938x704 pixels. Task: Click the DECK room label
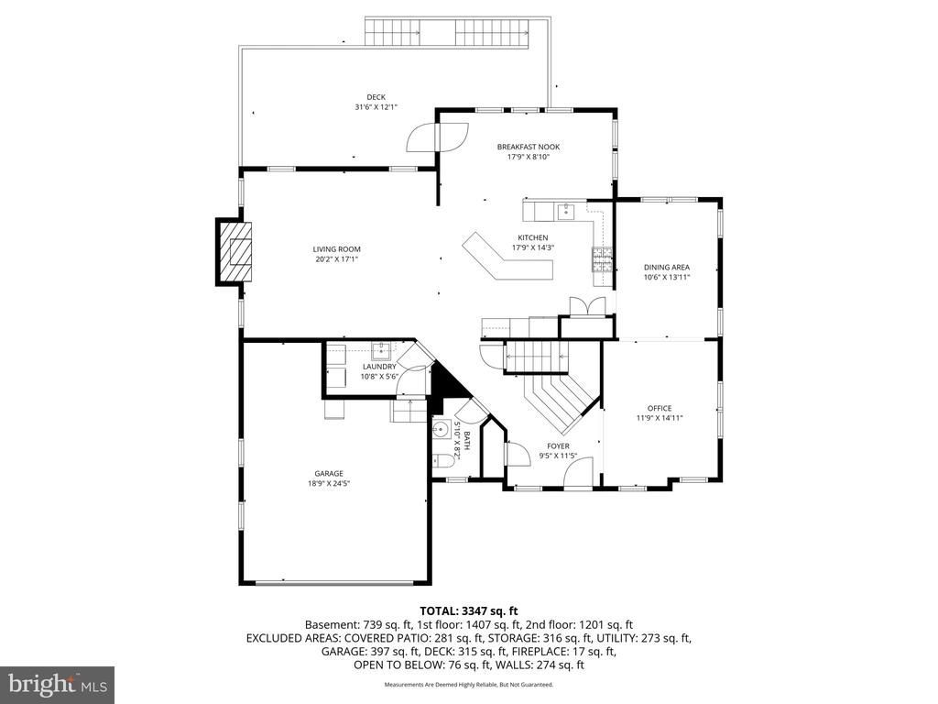[x=376, y=97]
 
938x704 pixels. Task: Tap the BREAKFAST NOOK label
[x=529, y=147]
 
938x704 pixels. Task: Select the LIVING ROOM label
[x=337, y=249]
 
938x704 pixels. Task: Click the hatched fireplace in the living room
[x=234, y=252]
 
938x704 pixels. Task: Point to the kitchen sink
[x=565, y=212]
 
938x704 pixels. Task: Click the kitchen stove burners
[x=603, y=259]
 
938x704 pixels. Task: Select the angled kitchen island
[x=507, y=258]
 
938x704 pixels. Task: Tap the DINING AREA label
[x=667, y=268]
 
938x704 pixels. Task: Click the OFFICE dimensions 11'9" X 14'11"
[x=660, y=418]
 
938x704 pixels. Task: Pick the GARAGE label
[x=329, y=474]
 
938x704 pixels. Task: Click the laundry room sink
[x=380, y=348]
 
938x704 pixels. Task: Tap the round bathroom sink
[x=442, y=429]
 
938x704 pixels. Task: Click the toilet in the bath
[x=442, y=462]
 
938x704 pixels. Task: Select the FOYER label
[x=558, y=446]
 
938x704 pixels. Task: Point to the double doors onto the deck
[x=438, y=137]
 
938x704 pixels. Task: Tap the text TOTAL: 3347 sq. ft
[x=468, y=611]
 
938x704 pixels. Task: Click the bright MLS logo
[x=58, y=684]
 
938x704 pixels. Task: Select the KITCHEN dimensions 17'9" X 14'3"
[x=533, y=247]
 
